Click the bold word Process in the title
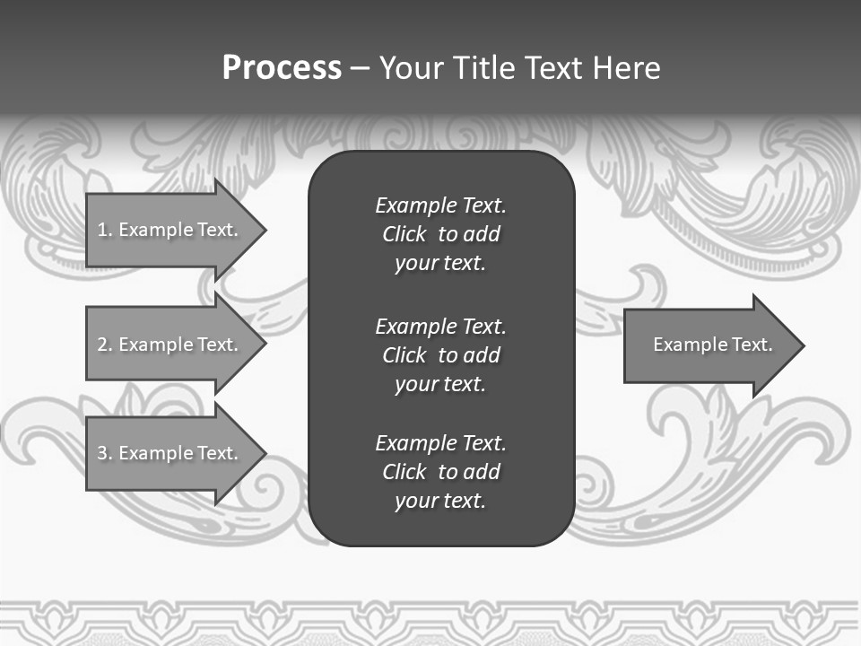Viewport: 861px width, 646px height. [282, 68]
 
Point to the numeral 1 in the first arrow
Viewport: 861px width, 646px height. [101, 230]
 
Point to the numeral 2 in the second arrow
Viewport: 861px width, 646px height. [102, 345]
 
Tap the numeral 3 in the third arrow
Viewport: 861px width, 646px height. [102, 453]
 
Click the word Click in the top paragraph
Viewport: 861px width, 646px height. [404, 234]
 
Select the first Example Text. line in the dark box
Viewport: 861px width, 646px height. [440, 205]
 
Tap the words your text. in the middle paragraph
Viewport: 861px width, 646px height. [440, 384]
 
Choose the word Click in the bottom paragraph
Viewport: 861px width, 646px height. [404, 472]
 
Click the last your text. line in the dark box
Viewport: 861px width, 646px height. [440, 501]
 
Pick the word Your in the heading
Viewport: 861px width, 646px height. [411, 68]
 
